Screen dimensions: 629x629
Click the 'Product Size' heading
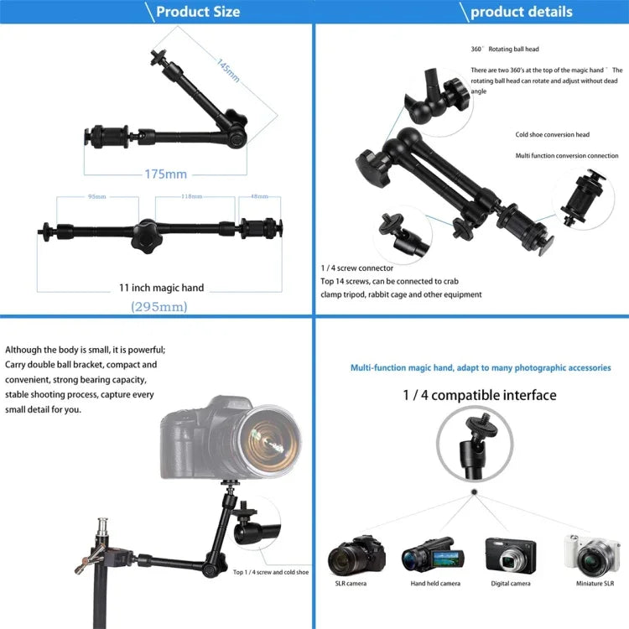197,12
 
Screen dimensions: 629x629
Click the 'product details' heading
521,12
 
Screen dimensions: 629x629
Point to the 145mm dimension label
228,70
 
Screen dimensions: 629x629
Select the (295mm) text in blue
159,307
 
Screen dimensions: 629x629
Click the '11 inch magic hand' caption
161,288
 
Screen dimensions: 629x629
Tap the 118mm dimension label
191,197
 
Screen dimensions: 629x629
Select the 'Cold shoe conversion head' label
552,134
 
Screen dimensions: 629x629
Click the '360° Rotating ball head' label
505,49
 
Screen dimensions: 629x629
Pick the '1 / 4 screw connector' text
356,268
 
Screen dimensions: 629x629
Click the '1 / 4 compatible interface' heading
480,395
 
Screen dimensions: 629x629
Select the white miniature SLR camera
595,554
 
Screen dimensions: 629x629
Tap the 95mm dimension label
97,197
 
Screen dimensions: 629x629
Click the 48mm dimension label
260,197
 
